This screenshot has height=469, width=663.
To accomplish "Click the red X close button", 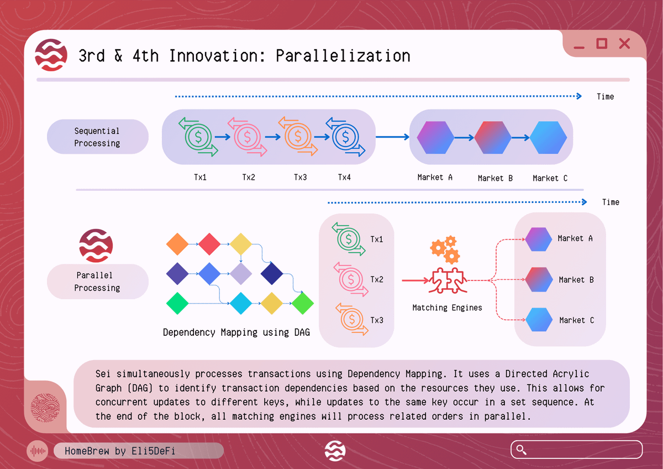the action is (x=624, y=44).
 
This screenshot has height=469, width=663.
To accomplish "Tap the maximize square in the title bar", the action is (x=602, y=44).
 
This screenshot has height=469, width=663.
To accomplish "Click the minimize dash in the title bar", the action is (x=579, y=48).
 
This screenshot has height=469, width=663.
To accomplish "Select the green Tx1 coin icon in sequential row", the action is (x=198, y=137).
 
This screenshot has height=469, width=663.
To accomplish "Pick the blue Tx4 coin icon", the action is (x=345, y=137).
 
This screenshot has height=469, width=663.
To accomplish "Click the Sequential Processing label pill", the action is (x=98, y=137).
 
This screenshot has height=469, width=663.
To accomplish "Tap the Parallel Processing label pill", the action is (x=98, y=282).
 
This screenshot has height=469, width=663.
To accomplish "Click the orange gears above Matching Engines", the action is (x=445, y=249).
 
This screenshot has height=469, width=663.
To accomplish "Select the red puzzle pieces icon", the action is (x=448, y=280).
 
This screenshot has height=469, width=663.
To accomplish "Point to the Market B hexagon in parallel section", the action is (x=539, y=279).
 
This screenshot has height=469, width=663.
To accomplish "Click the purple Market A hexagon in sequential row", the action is (x=435, y=138).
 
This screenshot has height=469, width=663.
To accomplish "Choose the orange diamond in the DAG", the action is (x=177, y=244).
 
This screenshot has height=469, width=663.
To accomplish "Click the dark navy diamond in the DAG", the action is (x=272, y=273).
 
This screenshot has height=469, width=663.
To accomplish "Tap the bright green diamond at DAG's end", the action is (x=303, y=304).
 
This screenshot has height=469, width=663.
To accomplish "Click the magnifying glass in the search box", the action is (x=521, y=450).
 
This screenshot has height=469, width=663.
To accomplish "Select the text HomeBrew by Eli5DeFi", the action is (x=120, y=451).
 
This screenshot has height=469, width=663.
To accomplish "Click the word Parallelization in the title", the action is (x=343, y=56).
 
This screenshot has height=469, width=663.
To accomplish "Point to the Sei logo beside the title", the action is (x=51, y=55).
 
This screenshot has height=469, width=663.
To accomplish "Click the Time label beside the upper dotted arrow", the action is (x=605, y=97).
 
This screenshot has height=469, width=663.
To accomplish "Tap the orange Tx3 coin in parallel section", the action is (x=352, y=319).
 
